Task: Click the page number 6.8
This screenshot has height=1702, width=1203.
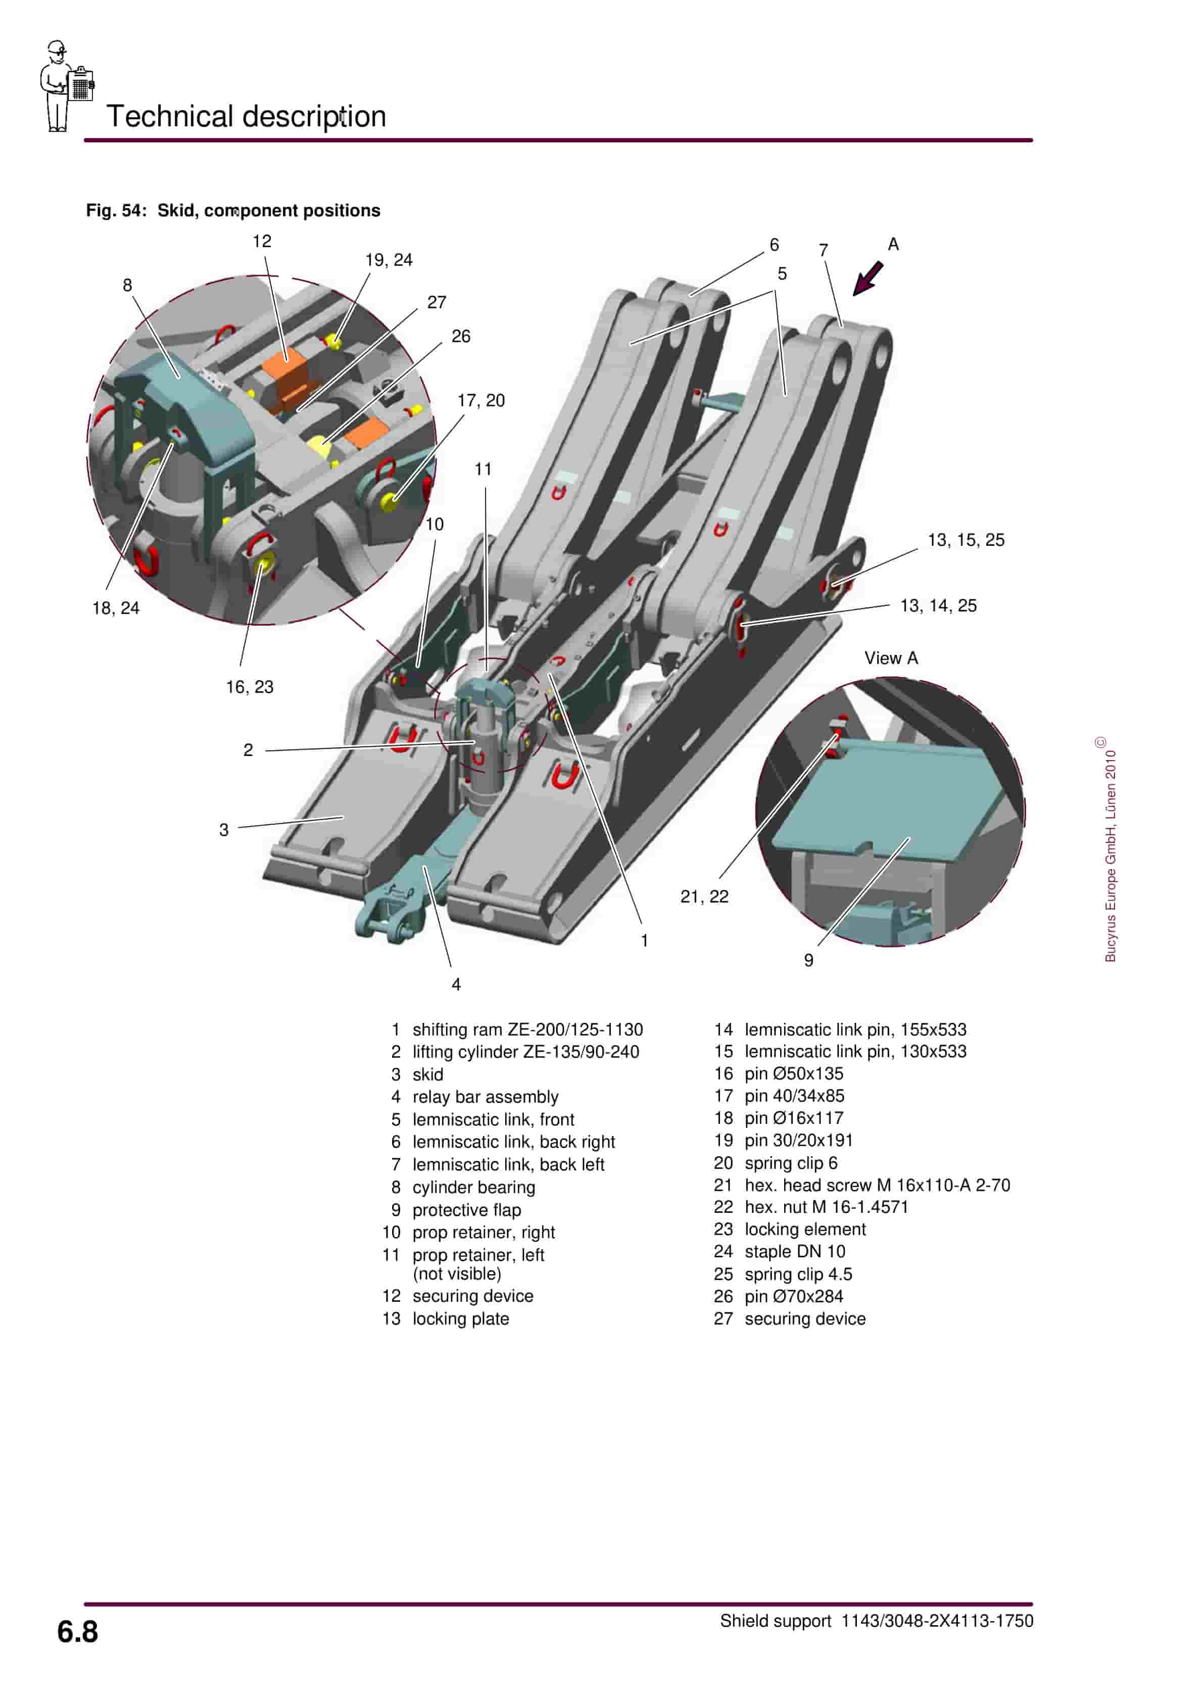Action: click(x=77, y=1632)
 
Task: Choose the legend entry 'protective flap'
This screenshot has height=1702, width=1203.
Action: click(x=466, y=1209)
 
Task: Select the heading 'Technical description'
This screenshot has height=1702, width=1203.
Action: click(x=246, y=116)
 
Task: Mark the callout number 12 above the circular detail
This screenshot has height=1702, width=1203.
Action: click(x=262, y=241)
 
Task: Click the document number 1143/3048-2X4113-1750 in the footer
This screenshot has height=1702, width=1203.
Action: click(x=936, y=1621)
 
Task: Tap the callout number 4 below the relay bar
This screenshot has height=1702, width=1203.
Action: click(x=456, y=984)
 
